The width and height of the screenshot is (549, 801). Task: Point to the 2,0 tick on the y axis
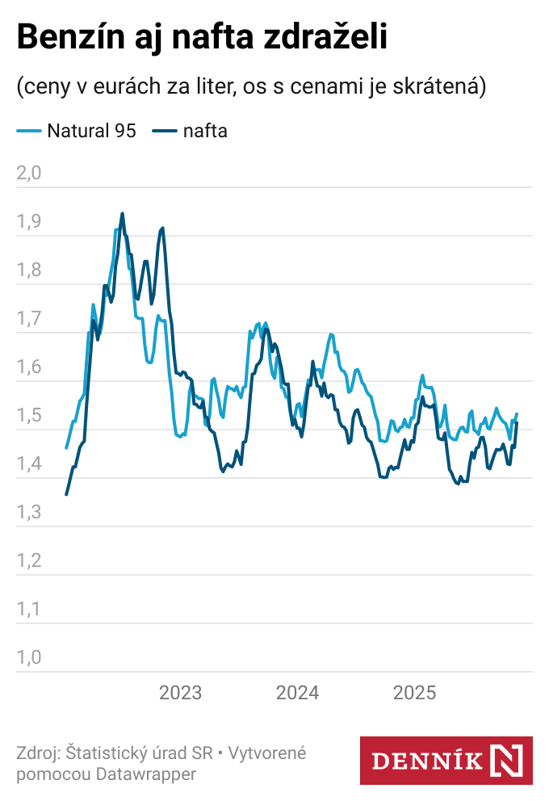point(28,173)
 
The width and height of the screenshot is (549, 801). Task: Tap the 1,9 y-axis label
point(28,221)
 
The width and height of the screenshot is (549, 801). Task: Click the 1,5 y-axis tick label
point(28,415)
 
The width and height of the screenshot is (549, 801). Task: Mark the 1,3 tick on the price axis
point(28,512)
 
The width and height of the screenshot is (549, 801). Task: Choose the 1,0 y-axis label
point(28,657)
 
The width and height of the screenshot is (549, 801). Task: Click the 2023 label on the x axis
point(181,693)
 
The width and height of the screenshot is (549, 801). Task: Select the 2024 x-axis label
point(297,693)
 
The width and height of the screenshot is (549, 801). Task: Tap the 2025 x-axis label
point(414,693)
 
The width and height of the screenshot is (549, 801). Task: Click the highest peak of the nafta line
point(122,214)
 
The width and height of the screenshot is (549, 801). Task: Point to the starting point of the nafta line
point(66,494)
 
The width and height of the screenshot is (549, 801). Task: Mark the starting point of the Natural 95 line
point(66,447)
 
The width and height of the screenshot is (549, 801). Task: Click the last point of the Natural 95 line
point(517,414)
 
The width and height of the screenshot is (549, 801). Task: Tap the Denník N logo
point(446,760)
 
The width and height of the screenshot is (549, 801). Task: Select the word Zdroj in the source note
point(36,753)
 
